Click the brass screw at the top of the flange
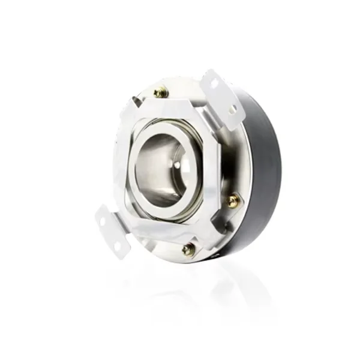coord(160,93)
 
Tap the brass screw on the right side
coord(233,200)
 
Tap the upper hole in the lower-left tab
coord(103,221)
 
